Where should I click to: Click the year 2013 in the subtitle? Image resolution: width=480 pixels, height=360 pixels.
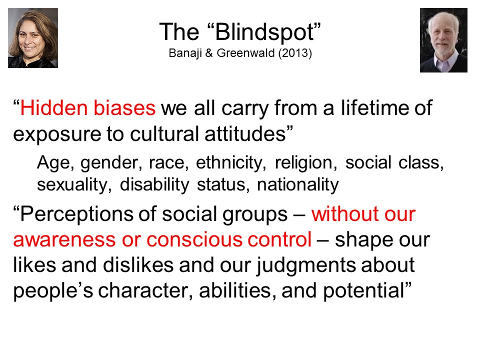click(295, 53)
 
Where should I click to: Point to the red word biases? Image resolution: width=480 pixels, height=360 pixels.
click(124, 108)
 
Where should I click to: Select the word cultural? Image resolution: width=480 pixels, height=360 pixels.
click(164, 134)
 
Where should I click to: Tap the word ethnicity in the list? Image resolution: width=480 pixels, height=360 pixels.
click(230, 163)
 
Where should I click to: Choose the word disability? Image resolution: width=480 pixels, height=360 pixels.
click(154, 185)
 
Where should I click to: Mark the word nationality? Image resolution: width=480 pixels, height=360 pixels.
click(298, 185)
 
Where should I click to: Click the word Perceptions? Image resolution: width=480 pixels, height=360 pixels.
click(76, 214)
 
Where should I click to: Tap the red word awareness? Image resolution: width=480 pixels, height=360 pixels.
click(64, 239)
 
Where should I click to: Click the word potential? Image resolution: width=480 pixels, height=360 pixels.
click(363, 291)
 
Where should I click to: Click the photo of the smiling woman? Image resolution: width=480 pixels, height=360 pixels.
click(33, 38)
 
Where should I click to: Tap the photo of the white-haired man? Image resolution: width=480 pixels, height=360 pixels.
click(443, 40)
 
